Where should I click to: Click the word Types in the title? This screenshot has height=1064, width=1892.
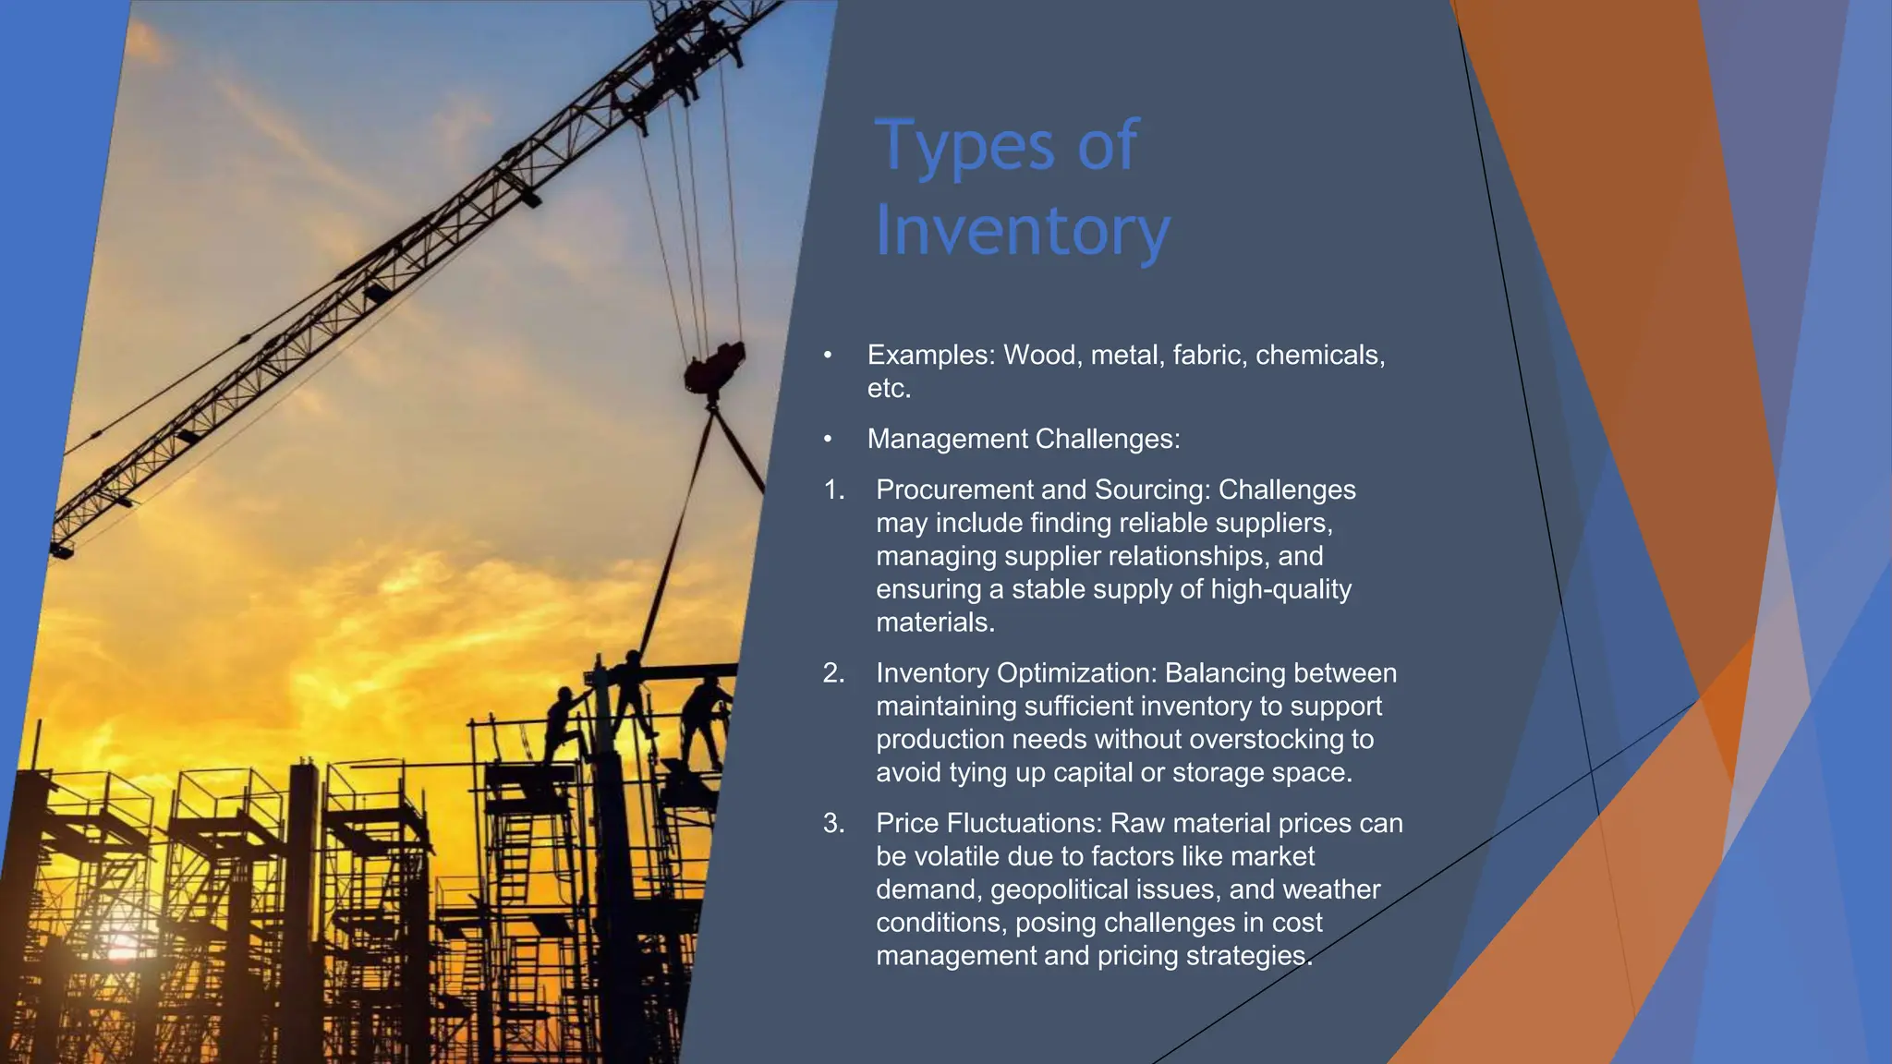point(964,146)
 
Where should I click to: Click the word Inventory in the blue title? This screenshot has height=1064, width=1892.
point(1022,231)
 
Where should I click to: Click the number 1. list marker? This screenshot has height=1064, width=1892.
point(834,490)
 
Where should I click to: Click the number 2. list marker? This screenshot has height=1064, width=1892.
point(834,673)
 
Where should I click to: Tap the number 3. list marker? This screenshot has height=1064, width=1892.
point(834,823)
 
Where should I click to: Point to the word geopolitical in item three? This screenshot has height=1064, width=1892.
point(1059,889)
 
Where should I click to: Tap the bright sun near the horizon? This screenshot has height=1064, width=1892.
point(121,949)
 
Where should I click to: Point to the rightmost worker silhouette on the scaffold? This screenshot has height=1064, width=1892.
point(708,720)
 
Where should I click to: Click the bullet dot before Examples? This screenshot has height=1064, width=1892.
point(828,356)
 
